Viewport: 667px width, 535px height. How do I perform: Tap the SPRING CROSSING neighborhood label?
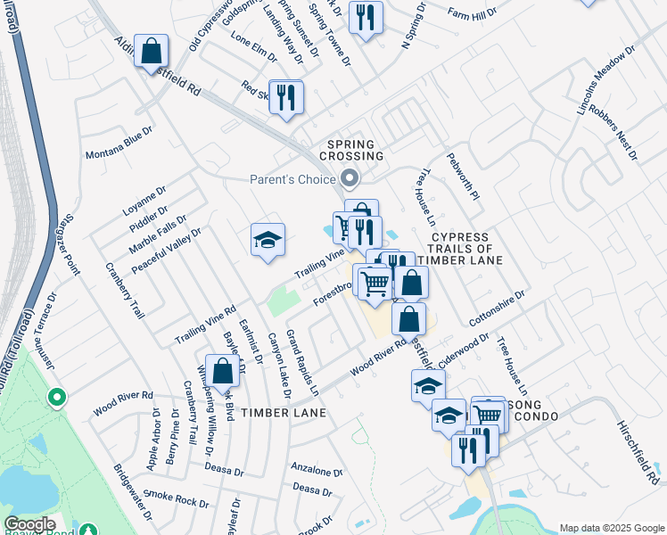click(x=355, y=150)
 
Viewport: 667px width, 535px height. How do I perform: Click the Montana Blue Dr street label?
click(x=119, y=143)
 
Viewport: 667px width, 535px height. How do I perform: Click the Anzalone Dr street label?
click(x=317, y=470)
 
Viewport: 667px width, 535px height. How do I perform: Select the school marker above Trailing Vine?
click(x=268, y=239)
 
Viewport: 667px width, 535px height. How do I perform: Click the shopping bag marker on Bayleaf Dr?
click(x=222, y=371)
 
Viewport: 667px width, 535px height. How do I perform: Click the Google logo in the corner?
click(x=30, y=524)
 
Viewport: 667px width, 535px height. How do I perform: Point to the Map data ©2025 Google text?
click(x=611, y=528)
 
